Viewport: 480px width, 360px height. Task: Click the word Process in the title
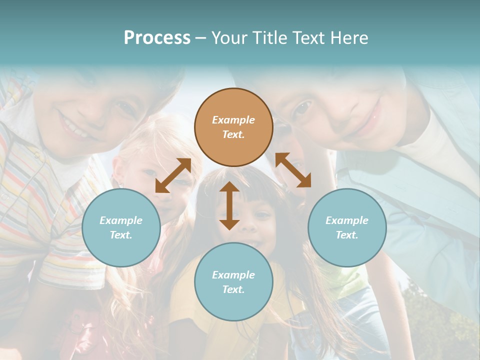pyautogui.click(x=157, y=38)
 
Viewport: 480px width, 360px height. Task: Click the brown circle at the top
pyautogui.click(x=233, y=127)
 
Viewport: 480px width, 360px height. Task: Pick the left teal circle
pyautogui.click(x=121, y=227)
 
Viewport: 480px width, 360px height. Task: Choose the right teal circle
pyautogui.click(x=347, y=227)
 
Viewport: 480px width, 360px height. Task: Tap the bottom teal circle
pyautogui.click(x=233, y=282)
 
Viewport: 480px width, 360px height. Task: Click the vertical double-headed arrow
pyautogui.click(x=229, y=205)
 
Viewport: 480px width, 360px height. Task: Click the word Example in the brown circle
pyautogui.click(x=233, y=120)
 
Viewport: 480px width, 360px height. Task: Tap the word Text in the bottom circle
pyautogui.click(x=233, y=289)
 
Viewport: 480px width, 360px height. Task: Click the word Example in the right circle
pyautogui.click(x=347, y=220)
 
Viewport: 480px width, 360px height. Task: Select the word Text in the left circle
pyautogui.click(x=121, y=235)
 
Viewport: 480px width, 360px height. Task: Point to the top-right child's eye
pyautogui.click(x=302, y=107)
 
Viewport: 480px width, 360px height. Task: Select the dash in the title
pyautogui.click(x=200, y=38)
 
